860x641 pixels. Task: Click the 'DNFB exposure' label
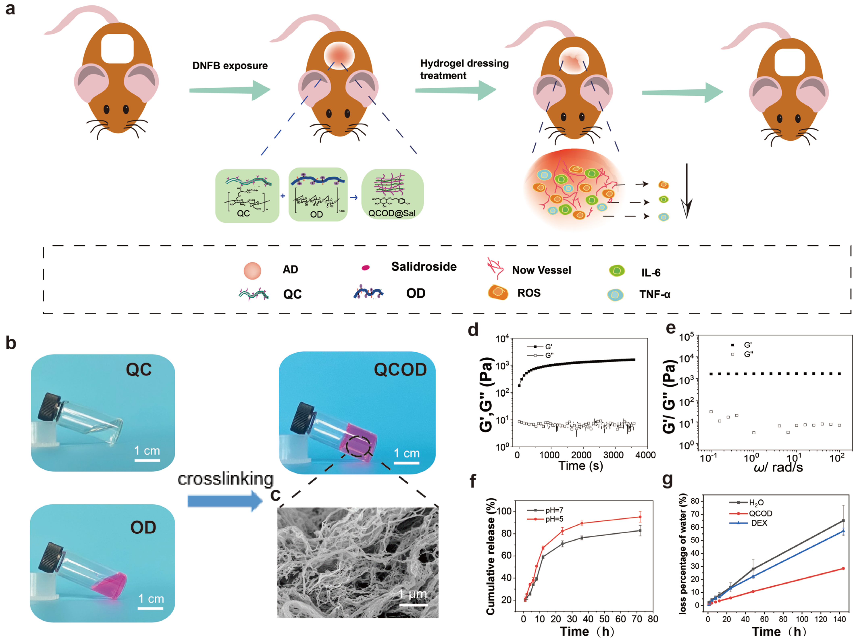coord(230,65)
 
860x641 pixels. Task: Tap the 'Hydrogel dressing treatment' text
coord(464,69)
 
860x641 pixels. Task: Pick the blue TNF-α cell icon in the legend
coord(615,295)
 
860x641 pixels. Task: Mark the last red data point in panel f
coord(640,517)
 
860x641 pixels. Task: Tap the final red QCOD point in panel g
coord(843,568)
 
